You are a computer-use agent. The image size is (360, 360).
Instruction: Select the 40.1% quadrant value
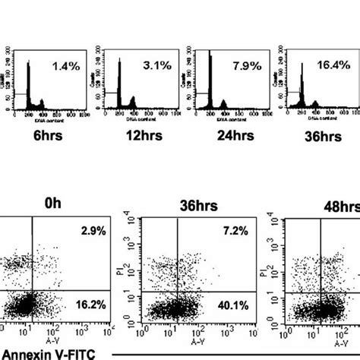click(x=228, y=306)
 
